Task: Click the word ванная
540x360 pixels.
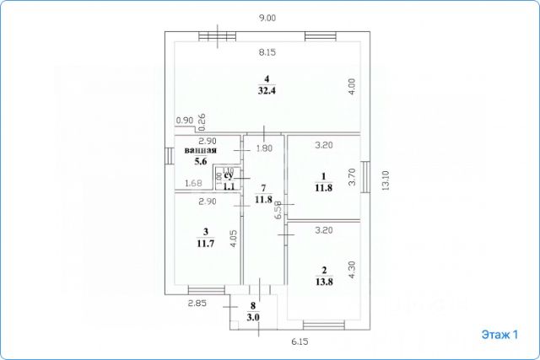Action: (x=200, y=151)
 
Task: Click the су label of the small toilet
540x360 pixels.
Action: (x=227, y=175)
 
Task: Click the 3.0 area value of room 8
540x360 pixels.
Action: (x=252, y=317)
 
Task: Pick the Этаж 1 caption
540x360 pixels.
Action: (x=500, y=335)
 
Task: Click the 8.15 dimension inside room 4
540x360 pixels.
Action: (x=267, y=52)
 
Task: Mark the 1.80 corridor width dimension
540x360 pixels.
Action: (x=264, y=149)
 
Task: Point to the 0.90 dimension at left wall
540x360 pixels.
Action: (x=185, y=121)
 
